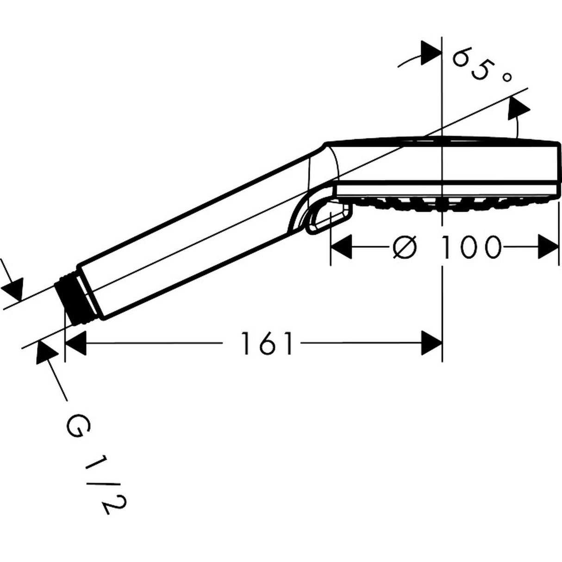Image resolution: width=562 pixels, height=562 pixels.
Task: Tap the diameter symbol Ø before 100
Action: click(x=405, y=247)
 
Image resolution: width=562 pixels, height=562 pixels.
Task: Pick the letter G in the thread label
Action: click(x=75, y=426)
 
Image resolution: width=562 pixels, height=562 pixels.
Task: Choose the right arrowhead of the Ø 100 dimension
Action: click(x=548, y=247)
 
